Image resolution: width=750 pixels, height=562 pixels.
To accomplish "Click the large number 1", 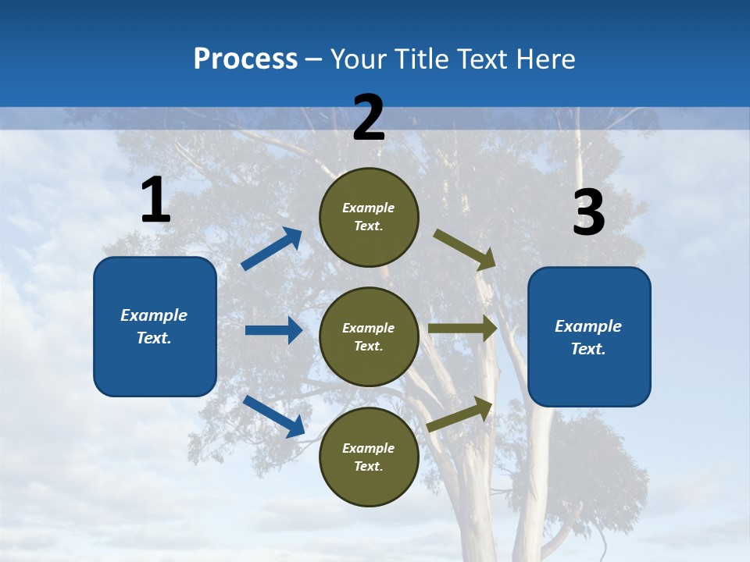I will coord(155,201).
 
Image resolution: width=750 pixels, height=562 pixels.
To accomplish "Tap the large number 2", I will coord(369,118).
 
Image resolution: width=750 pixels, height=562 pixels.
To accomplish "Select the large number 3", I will coord(589,212).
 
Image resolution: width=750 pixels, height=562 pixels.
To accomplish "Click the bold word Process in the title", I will coord(245,59).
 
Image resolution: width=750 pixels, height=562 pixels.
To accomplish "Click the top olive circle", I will coord(369,217).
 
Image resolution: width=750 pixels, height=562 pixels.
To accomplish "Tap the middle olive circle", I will coord(369,337).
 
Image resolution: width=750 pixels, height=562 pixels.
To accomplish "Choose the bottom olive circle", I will coord(369,457).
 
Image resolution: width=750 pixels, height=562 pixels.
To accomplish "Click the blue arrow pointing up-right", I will coord(272,248).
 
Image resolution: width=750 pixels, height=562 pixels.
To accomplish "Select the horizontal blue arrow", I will coord(273,330).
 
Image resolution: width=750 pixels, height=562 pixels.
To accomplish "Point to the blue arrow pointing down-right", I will coord(274,415).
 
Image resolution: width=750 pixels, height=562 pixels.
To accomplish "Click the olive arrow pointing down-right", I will coord(465,249).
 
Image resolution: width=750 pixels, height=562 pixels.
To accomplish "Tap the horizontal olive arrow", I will coord(462,329).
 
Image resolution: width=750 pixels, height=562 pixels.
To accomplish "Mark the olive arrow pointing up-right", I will coord(460,414).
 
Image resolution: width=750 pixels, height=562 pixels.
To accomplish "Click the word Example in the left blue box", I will coord(154,315).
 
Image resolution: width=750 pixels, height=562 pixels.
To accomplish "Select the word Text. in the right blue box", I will coord(588,349).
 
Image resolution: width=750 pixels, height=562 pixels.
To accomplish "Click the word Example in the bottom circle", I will coord(368,448).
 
